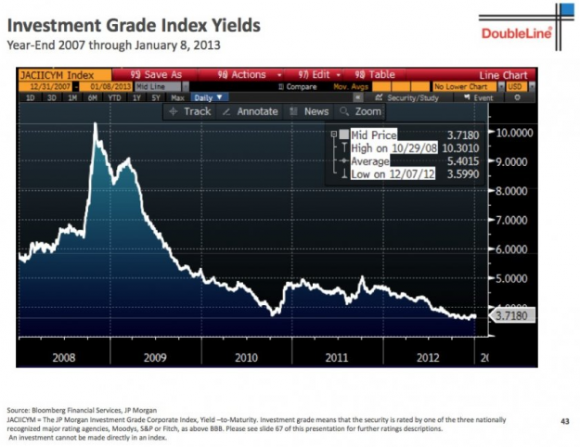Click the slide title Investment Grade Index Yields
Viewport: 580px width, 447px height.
(x=133, y=25)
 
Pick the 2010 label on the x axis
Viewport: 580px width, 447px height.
(x=246, y=356)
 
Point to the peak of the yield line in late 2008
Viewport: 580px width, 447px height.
(x=96, y=124)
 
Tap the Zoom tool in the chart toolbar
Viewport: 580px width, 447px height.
(x=361, y=111)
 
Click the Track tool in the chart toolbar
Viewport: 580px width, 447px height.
(x=190, y=111)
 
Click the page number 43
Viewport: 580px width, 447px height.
(x=563, y=421)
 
